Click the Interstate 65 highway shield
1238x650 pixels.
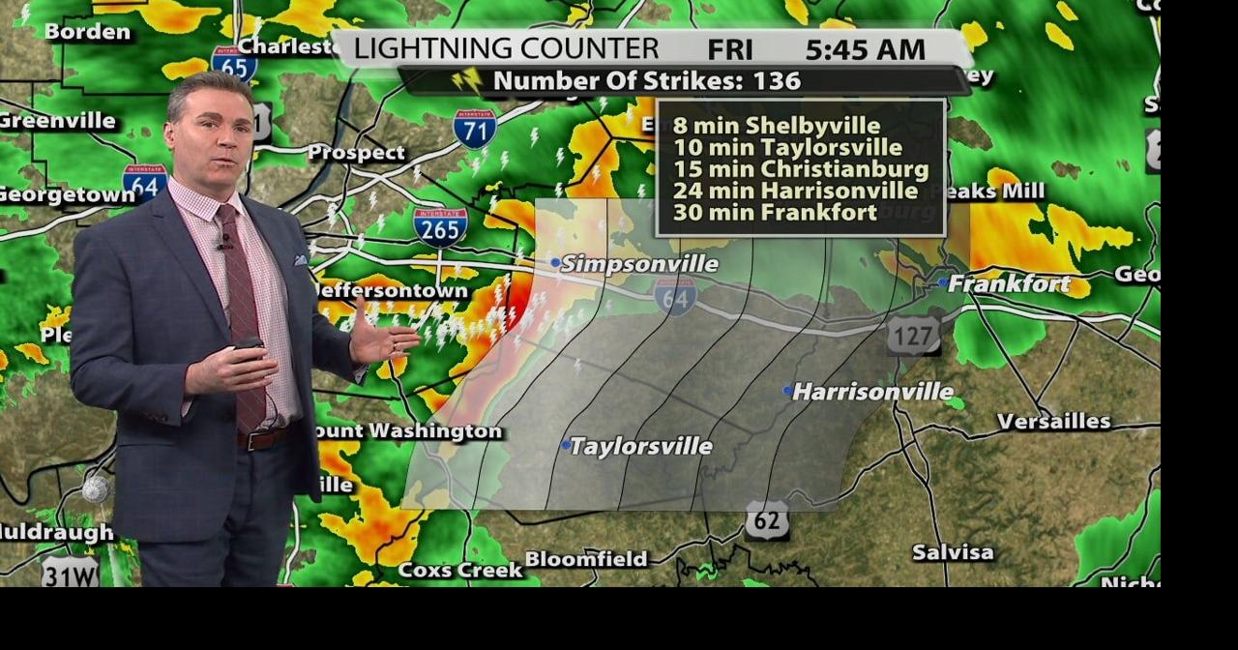(234, 64)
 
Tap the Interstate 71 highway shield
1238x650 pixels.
(475, 128)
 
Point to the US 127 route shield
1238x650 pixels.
(913, 335)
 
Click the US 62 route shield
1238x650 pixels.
(766, 520)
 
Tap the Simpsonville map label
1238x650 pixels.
(639, 263)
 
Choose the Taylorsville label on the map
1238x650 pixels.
(640, 446)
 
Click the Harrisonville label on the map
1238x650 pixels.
(872, 392)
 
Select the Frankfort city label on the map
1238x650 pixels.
(1009, 283)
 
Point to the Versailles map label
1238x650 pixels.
(1053, 421)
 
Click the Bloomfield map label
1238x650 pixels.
(586, 559)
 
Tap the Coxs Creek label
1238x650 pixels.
(460, 570)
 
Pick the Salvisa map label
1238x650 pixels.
(953, 552)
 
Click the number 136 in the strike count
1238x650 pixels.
(779, 81)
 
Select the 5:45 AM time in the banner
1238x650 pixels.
(865, 49)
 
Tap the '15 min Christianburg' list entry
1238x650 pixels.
(801, 169)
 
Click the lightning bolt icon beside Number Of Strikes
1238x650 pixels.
(467, 80)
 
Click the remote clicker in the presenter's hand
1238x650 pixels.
(249, 343)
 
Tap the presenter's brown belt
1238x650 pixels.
(262, 438)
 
